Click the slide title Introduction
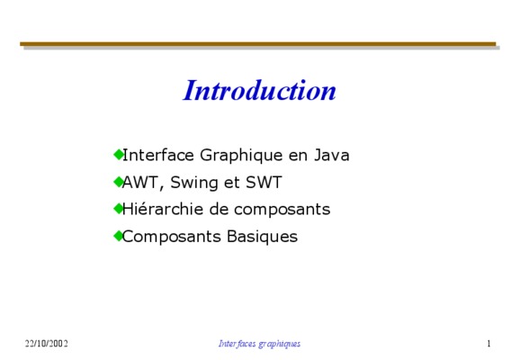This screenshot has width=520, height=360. pos(260,90)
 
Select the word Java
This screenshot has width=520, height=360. pos(332,155)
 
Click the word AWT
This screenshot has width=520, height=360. pos(140,182)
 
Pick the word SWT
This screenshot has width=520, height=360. pos(264,182)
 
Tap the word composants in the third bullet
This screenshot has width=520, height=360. pos(282,210)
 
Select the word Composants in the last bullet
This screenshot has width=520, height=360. pos(172,237)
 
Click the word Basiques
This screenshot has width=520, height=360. pos(262,237)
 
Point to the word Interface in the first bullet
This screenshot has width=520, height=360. pos(158,155)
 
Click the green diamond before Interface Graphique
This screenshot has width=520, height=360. pos(118,154)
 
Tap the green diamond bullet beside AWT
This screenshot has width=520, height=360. pos(118,182)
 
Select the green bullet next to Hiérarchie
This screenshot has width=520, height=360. pos(118,209)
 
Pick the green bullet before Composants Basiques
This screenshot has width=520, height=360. pos(118,236)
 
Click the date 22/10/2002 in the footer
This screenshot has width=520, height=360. pos(47,344)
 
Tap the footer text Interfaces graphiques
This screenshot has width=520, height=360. pos(259,344)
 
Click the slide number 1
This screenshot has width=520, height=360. pos(489,344)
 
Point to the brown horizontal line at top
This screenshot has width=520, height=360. pos(258,44)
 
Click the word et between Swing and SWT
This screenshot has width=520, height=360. pos(232,183)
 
